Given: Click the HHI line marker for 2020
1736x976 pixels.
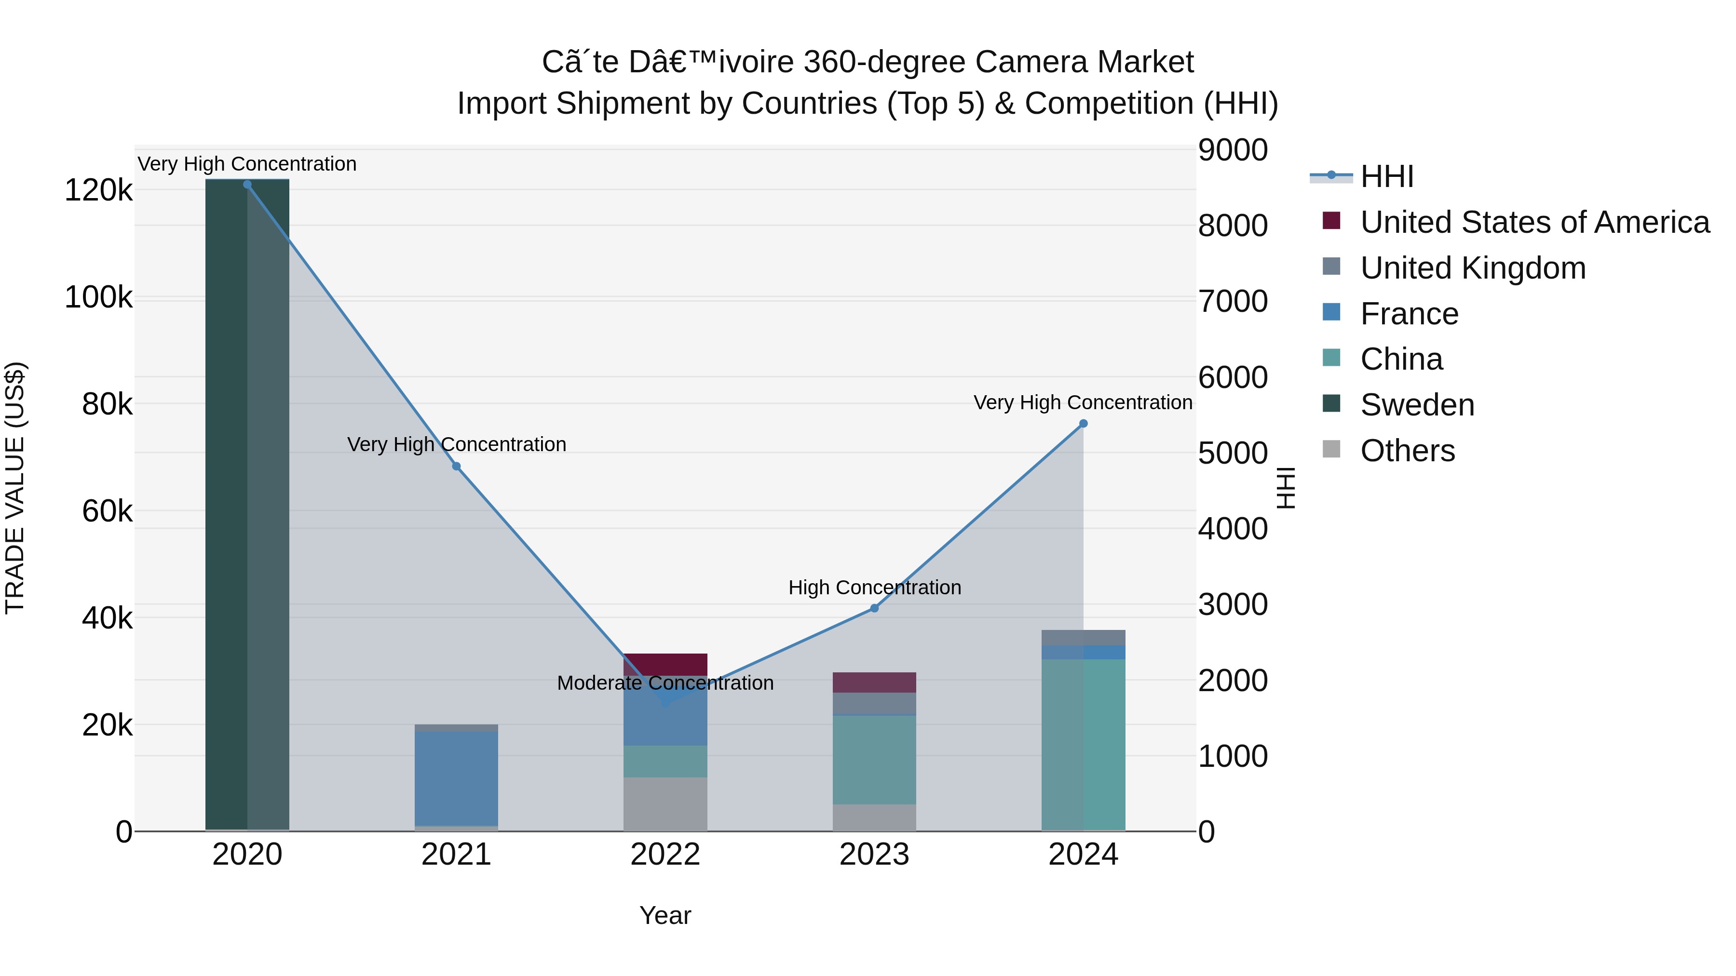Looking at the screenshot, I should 247,185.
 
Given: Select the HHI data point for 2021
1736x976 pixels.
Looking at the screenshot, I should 456,466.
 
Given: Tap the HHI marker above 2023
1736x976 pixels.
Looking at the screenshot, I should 874,608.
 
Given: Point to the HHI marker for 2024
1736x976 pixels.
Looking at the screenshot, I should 1083,424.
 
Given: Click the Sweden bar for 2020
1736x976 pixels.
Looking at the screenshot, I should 247,505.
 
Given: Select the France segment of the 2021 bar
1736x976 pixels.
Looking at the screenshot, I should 456,778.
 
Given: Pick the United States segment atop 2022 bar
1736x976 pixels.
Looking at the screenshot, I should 665,664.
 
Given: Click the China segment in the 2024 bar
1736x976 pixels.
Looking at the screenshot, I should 1083,744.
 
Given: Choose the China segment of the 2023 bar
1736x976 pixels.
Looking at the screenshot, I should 874,760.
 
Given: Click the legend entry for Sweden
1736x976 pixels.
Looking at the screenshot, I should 1417,405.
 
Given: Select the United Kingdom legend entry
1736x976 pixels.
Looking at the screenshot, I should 1473,268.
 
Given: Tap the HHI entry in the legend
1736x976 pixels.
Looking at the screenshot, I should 1386,176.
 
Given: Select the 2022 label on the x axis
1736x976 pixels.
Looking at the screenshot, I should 665,855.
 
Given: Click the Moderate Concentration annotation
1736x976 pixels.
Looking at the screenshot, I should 665,683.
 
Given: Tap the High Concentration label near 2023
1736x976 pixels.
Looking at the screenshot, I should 874,588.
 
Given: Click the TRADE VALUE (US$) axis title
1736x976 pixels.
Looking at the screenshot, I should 15,488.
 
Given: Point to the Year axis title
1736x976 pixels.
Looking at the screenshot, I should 665,915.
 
